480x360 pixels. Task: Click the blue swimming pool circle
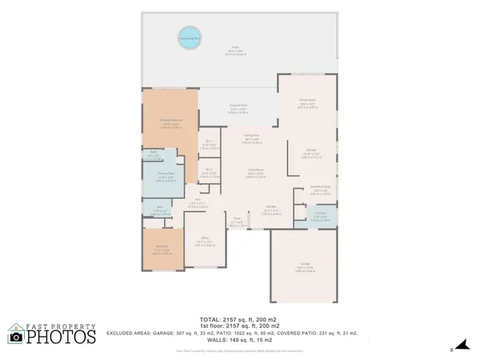coord(190,37)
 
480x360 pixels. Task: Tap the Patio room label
coord(236,50)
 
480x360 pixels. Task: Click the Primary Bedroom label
coord(170,122)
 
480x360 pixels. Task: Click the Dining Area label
coord(251,137)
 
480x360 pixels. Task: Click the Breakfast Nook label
coord(321,189)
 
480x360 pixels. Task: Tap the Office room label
coord(206,239)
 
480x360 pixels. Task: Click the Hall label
coord(196,202)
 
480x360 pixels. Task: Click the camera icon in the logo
coord(16,337)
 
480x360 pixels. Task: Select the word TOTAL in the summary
coord(199,318)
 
